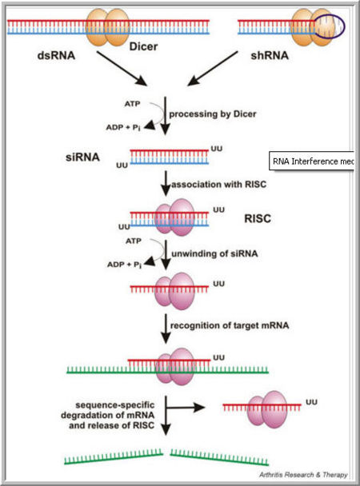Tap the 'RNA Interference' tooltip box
313,161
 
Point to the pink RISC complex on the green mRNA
180,365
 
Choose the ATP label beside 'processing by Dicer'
135,103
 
